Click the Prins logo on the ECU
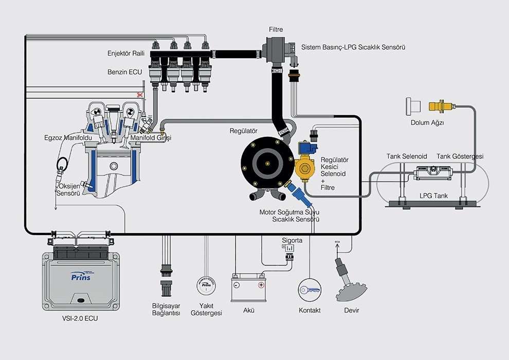point(81,277)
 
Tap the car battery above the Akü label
point(248,289)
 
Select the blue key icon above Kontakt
point(310,290)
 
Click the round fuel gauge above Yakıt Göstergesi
point(206,286)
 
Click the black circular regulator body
point(265,162)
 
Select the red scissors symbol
point(138,95)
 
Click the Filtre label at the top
point(276,30)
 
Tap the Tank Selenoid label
point(407,156)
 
